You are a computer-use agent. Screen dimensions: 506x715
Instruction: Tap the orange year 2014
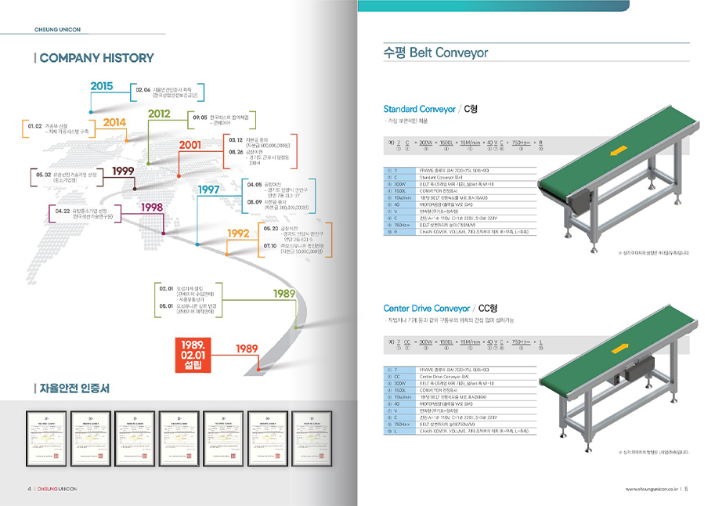[x=114, y=122]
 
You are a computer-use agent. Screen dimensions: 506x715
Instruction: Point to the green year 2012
[x=159, y=114]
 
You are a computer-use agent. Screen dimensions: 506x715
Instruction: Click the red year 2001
[x=190, y=145]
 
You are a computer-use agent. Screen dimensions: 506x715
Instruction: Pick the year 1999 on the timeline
[x=123, y=171]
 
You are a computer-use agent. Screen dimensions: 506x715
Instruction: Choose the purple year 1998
[x=152, y=207]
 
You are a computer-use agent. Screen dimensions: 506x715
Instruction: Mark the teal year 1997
[x=208, y=190]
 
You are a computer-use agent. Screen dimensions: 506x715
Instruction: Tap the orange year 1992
[x=238, y=233]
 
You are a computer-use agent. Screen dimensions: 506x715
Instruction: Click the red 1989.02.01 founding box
[x=193, y=353]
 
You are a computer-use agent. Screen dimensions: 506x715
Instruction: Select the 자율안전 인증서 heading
[x=74, y=389]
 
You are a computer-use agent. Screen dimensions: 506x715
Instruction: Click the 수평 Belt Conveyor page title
[x=435, y=53]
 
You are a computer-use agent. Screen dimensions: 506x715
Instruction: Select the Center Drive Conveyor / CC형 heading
[x=440, y=309]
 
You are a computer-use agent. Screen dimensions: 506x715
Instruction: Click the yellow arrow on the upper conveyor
[x=621, y=150]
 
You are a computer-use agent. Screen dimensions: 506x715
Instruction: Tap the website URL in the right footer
[x=651, y=490]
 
